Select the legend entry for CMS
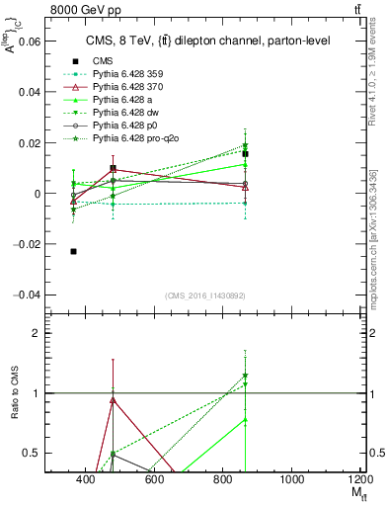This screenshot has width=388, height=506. click(104, 61)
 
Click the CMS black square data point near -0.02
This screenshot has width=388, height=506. click(74, 251)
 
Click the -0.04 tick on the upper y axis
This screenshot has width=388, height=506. click(27, 295)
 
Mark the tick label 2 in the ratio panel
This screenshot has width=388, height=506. click(37, 334)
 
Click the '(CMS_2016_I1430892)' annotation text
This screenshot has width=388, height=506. click(204, 295)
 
